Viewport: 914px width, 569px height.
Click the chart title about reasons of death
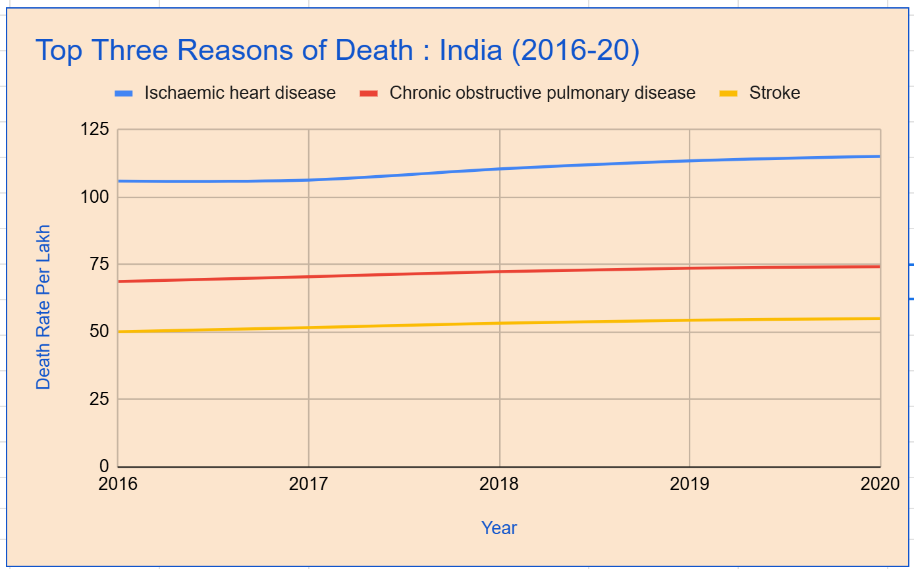(x=336, y=51)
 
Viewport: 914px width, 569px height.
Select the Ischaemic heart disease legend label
(x=240, y=93)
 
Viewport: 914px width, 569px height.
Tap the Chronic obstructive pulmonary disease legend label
(x=542, y=93)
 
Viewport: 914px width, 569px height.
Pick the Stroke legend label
(x=774, y=93)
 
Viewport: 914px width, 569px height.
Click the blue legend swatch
(x=124, y=94)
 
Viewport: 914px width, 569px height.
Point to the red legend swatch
(x=369, y=94)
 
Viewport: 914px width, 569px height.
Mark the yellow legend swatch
(x=728, y=94)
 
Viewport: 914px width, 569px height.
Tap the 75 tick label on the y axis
(x=99, y=264)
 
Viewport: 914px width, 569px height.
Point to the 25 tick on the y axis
(x=99, y=398)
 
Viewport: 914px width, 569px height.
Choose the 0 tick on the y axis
(x=104, y=466)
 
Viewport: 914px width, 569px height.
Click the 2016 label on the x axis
(x=118, y=484)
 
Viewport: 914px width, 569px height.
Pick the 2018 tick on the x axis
(x=499, y=484)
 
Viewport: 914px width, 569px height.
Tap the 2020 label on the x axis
(x=880, y=484)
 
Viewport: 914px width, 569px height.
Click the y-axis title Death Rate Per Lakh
(x=43, y=308)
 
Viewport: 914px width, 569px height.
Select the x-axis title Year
(x=499, y=528)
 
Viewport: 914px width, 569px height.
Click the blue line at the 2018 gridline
(x=500, y=169)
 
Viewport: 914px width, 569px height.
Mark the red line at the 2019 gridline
(x=689, y=268)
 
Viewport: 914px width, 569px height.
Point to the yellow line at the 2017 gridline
(x=309, y=327)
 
